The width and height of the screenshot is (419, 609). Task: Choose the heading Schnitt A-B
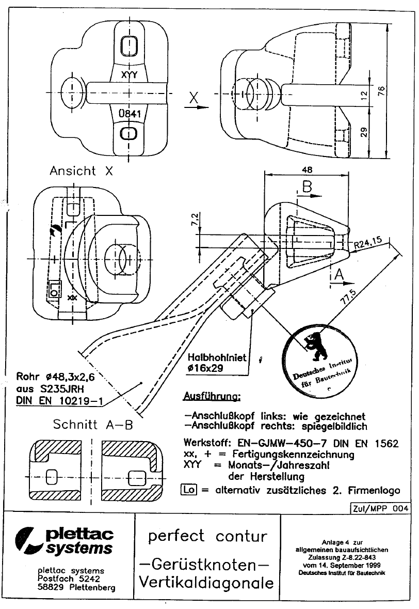click(x=93, y=425)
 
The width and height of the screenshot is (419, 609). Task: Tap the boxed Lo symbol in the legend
click(x=189, y=489)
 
